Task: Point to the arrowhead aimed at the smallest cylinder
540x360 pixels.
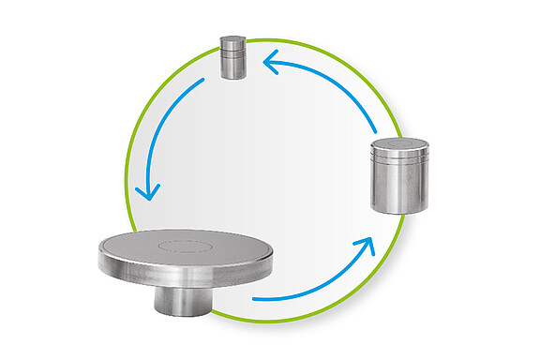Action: coord(270,64)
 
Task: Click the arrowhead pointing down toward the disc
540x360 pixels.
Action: coord(147,191)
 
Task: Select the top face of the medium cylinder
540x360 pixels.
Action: coord(399,146)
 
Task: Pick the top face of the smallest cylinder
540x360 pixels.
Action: coord(232,39)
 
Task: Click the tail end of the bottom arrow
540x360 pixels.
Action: coord(256,300)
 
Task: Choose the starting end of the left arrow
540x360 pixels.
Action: coord(202,82)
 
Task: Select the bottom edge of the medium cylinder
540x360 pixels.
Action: coord(399,209)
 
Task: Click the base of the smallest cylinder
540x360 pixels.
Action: coord(232,76)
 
